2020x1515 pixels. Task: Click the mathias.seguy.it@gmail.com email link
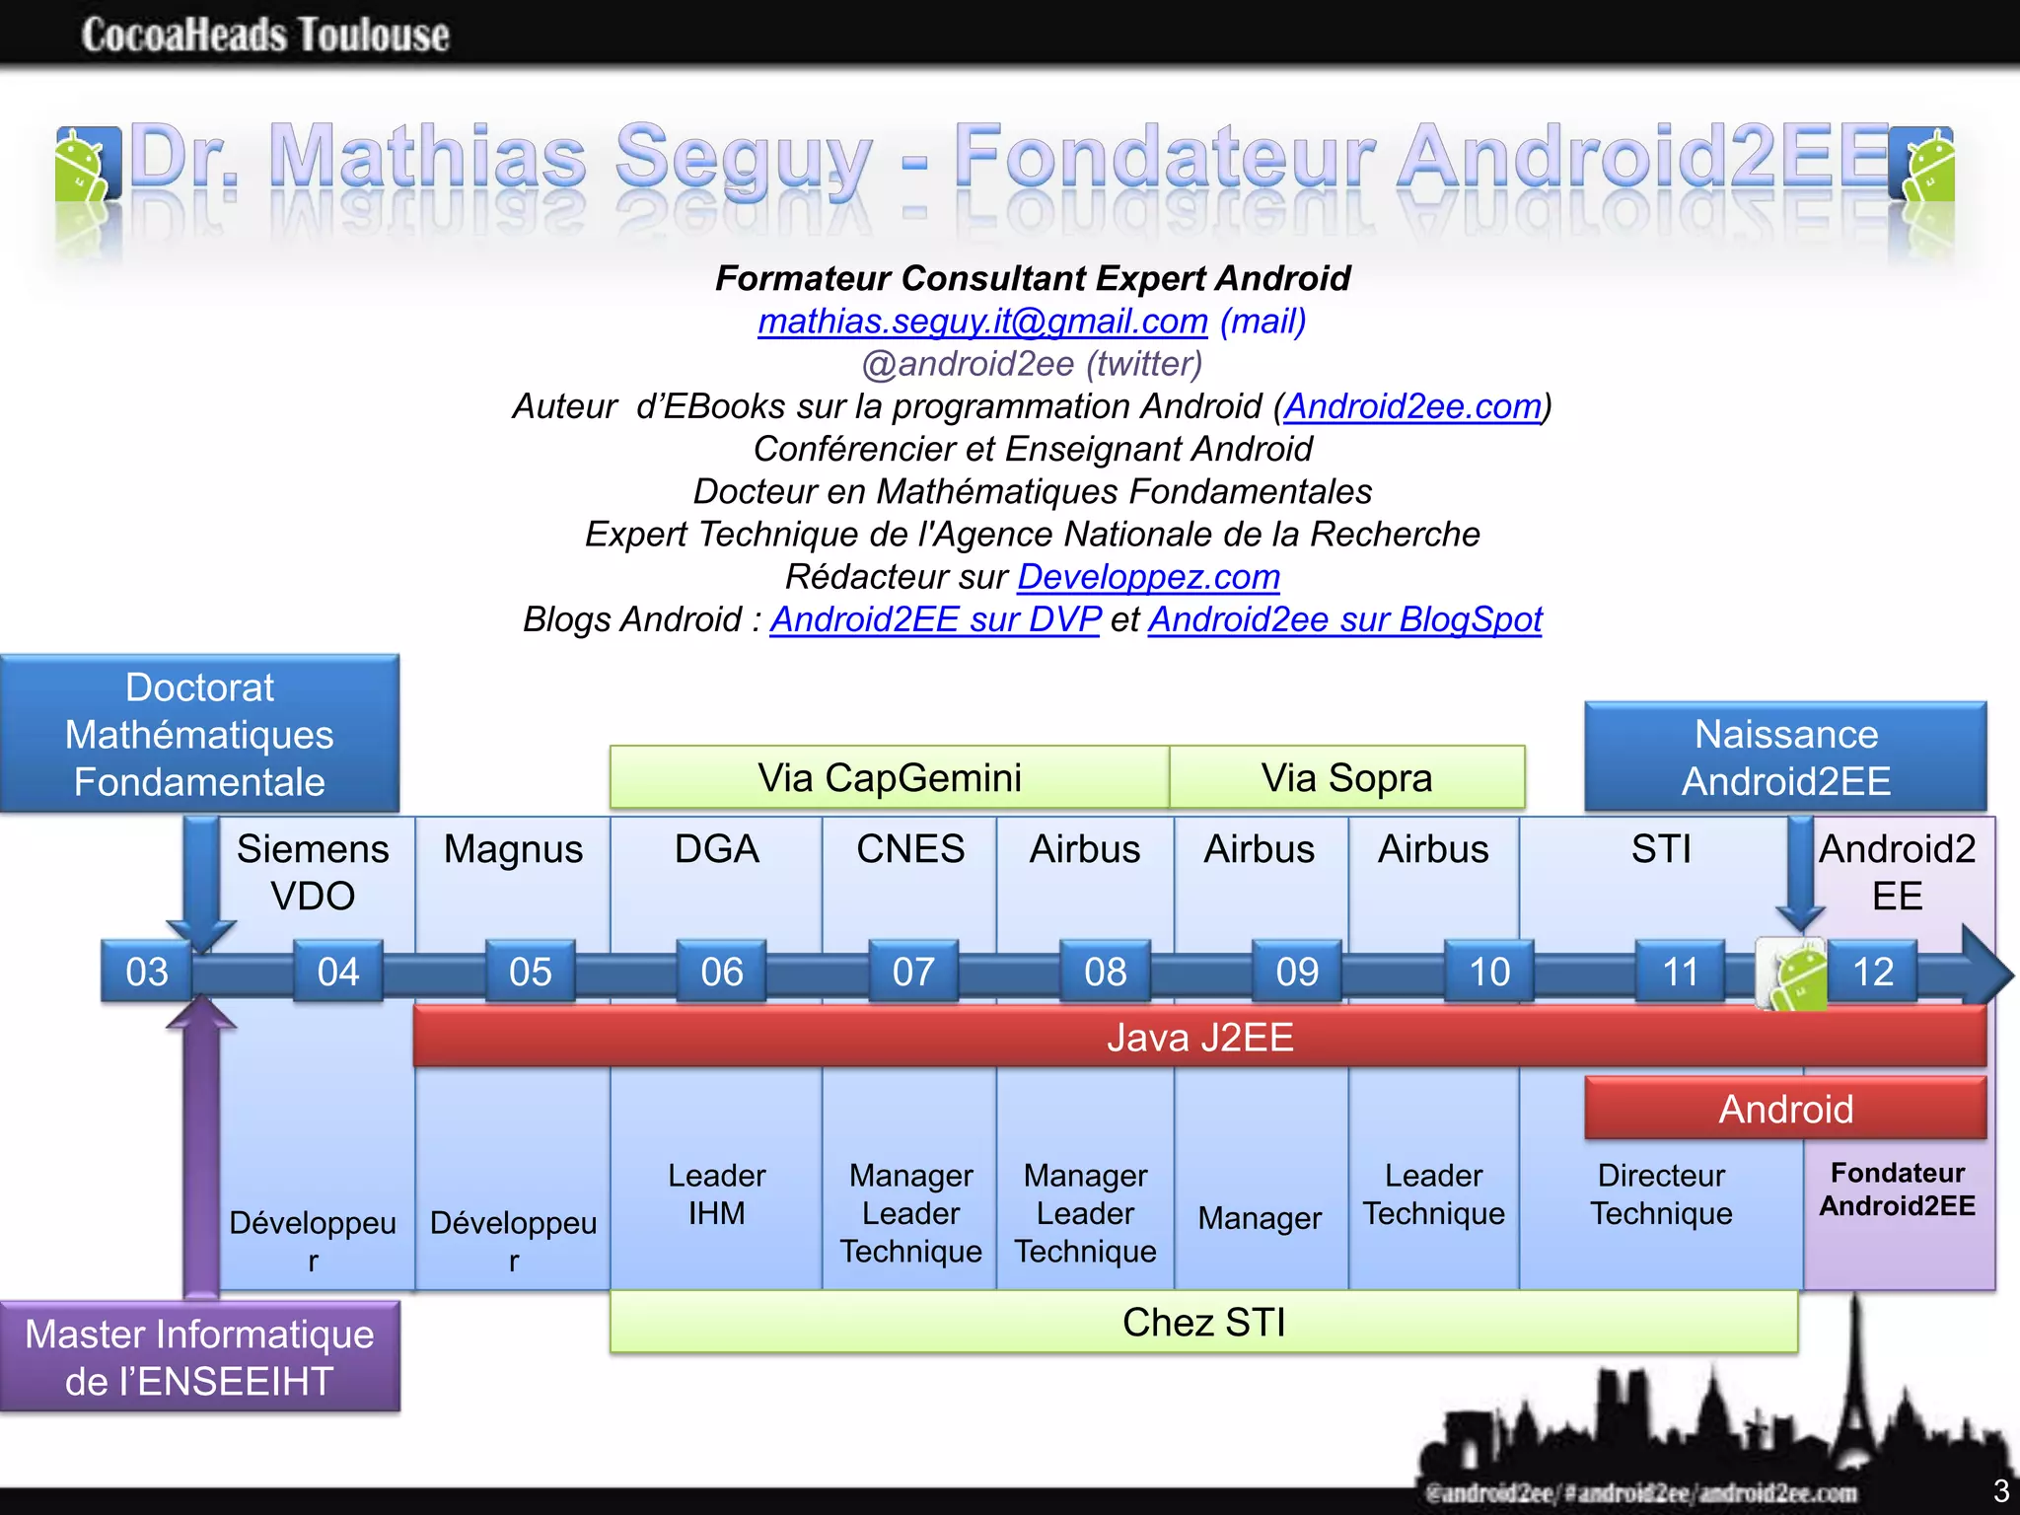point(982,322)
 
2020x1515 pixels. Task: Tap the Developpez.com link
point(1148,577)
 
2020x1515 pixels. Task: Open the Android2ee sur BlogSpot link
point(1344,619)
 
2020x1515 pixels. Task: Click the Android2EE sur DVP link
point(935,619)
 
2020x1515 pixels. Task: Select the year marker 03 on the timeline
point(147,973)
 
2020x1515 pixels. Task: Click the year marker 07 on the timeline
point(913,973)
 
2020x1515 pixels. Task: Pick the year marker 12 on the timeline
point(1873,973)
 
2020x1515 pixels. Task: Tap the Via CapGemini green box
point(889,778)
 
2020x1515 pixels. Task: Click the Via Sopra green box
point(1346,778)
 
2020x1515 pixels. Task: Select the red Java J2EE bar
point(1199,1038)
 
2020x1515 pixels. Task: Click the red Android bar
point(1785,1110)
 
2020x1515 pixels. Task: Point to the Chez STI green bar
point(1203,1323)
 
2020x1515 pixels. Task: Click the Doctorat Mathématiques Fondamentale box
point(199,735)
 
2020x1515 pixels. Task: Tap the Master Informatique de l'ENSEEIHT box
point(199,1357)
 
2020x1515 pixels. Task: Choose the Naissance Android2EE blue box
point(1785,757)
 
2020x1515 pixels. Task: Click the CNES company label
point(910,849)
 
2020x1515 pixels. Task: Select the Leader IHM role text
point(716,1194)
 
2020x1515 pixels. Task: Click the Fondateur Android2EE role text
point(1898,1190)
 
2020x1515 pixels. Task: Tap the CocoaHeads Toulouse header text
point(265,36)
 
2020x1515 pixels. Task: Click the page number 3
point(2001,1490)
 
